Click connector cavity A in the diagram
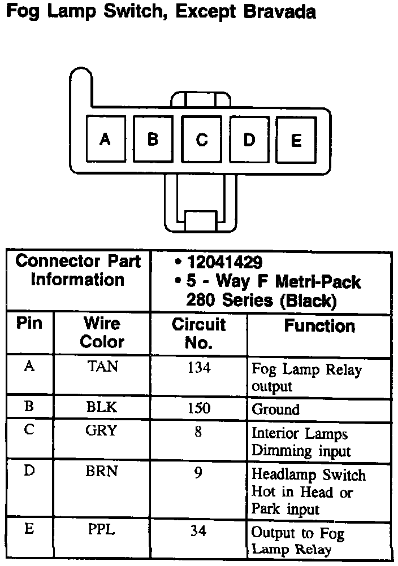pos(105,139)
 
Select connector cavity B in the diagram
pos(153,139)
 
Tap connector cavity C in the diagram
pos(201,139)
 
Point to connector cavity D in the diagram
pos(249,139)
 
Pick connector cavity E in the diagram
pos(296,139)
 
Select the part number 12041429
pos(224,263)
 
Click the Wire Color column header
pos(102,333)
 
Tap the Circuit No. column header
pos(198,333)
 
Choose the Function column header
pos(319,326)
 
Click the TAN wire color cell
pos(103,367)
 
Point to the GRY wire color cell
pos(101,430)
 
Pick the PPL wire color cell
pos(102,532)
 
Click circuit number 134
pos(198,368)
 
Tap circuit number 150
pos(198,408)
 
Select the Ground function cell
pos(275,409)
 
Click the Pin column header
pos(29,324)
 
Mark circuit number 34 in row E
pos(198,532)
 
